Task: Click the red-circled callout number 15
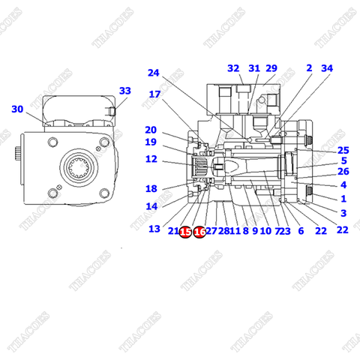tap(185, 232)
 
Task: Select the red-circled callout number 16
tap(199, 232)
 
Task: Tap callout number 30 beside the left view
tap(17, 109)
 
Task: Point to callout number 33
tap(124, 91)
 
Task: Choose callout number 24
tap(154, 73)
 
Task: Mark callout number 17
tap(154, 94)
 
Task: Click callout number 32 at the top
tap(233, 68)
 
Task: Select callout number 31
tap(254, 68)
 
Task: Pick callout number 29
tap(271, 68)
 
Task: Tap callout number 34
tap(326, 68)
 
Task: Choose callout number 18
tap(151, 189)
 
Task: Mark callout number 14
tap(151, 206)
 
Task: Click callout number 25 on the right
tap(343, 149)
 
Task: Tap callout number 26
tap(343, 172)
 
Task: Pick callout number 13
tap(154, 229)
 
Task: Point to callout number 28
tap(223, 232)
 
